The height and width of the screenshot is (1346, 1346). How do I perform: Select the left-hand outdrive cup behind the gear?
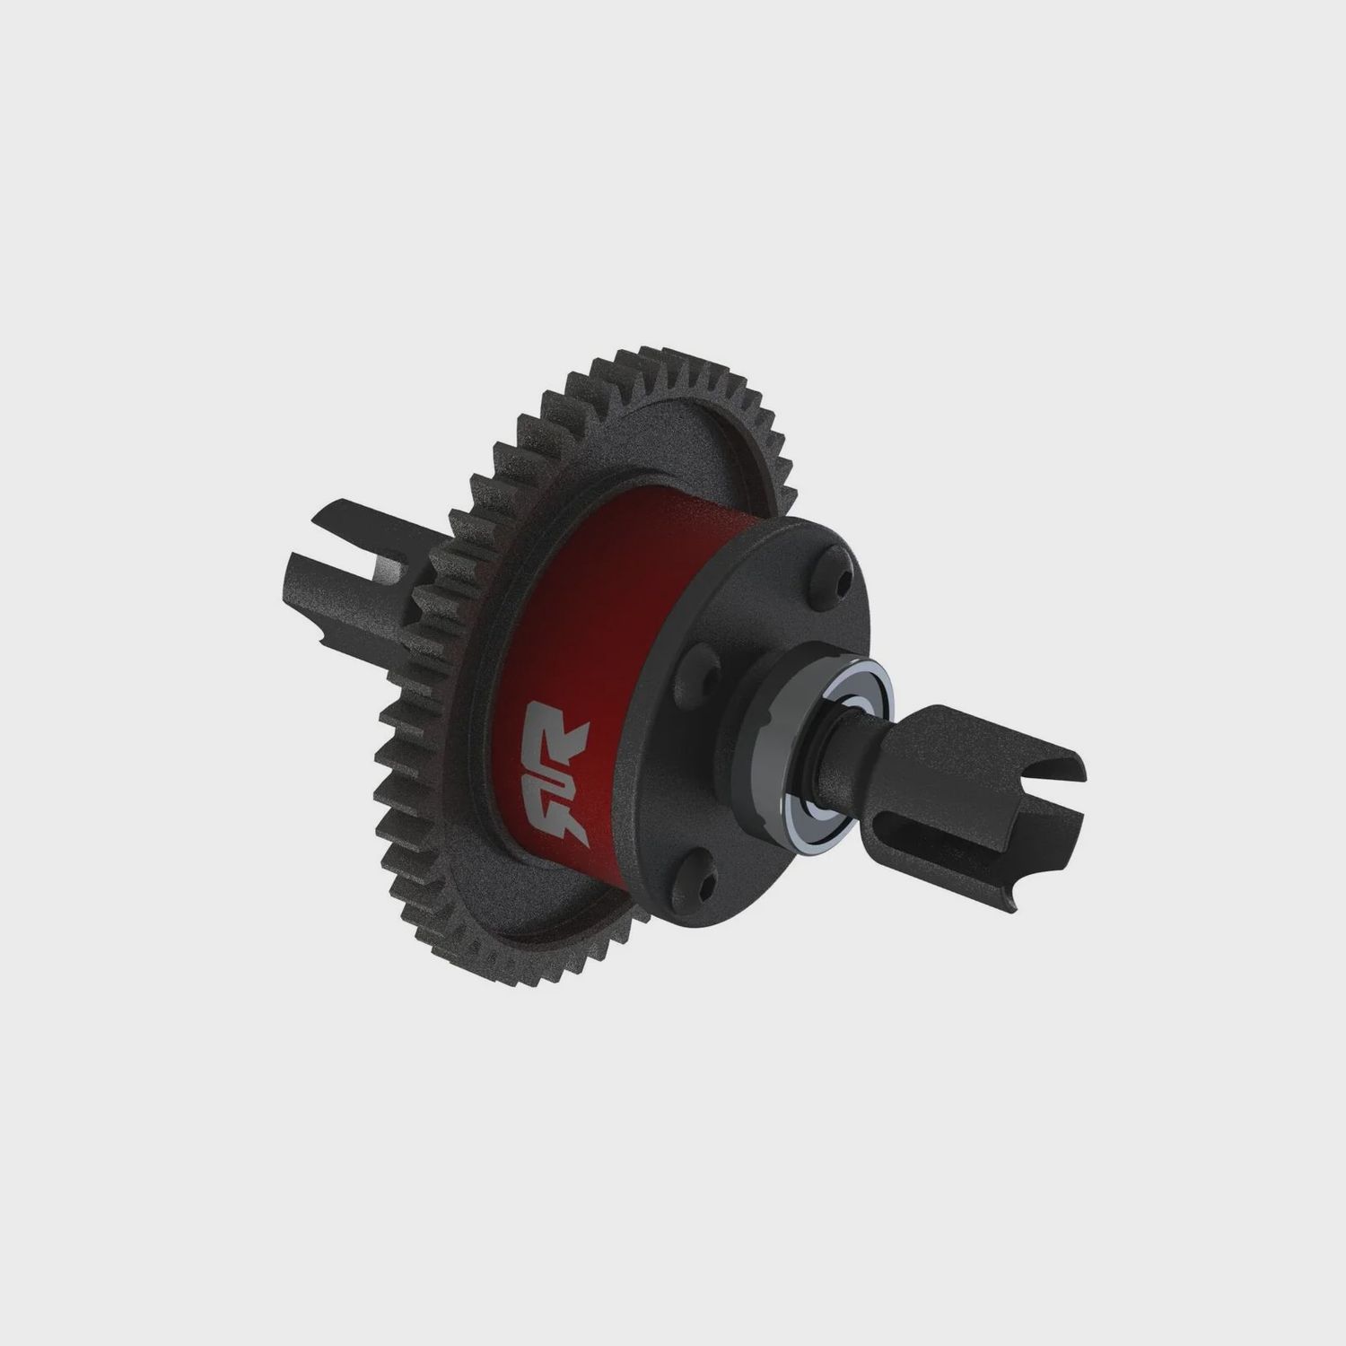(350, 565)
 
